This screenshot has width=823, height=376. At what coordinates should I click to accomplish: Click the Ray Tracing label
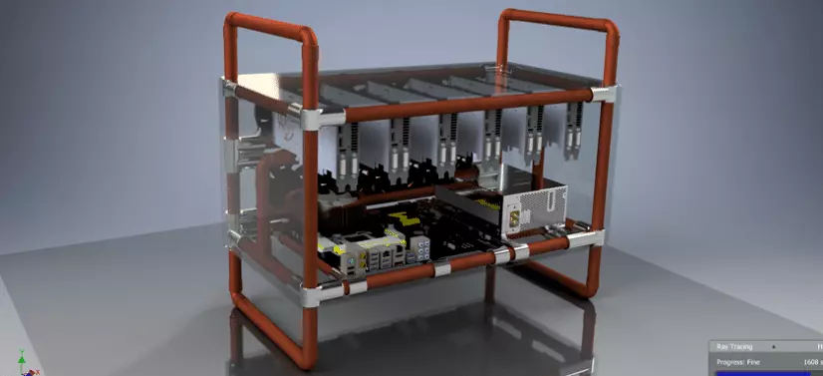pos(734,347)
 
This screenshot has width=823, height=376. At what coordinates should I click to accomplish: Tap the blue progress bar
pos(757,372)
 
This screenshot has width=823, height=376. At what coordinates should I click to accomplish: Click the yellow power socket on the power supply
pos(514,216)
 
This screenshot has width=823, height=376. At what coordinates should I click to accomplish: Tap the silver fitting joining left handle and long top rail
pos(309,119)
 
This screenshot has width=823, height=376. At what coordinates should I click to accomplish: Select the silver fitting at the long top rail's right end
pos(602,93)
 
